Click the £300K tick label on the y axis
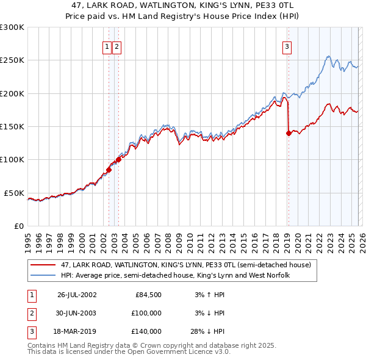click(12, 27)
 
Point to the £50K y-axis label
click(14, 193)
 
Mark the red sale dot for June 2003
click(118, 160)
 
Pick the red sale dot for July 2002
click(109, 170)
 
